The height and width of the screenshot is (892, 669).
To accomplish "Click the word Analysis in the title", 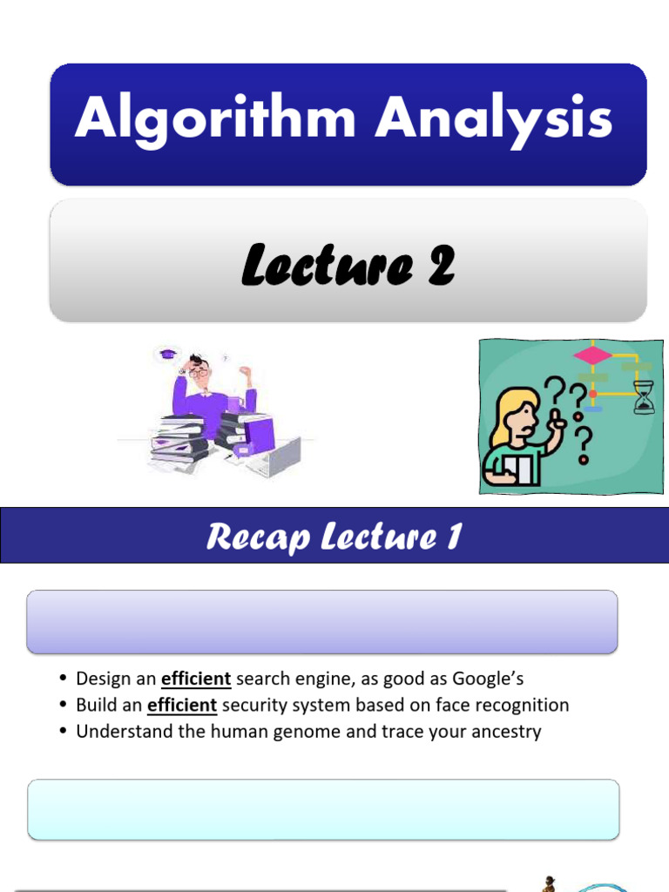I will pyautogui.click(x=494, y=118).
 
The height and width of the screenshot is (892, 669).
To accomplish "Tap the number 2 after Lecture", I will pyautogui.click(x=440, y=265).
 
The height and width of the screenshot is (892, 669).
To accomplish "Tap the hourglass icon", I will pyautogui.click(x=644, y=396).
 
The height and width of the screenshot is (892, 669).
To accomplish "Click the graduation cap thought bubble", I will pyautogui.click(x=168, y=355).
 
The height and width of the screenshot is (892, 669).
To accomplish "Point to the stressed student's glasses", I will pyautogui.click(x=199, y=373).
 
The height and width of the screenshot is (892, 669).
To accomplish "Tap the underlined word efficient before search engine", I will pyautogui.click(x=196, y=679).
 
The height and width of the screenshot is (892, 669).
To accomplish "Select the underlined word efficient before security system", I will pyautogui.click(x=182, y=705).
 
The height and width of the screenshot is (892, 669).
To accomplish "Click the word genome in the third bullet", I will pyautogui.click(x=305, y=731).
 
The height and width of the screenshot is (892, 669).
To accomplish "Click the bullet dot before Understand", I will pyautogui.click(x=64, y=732).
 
